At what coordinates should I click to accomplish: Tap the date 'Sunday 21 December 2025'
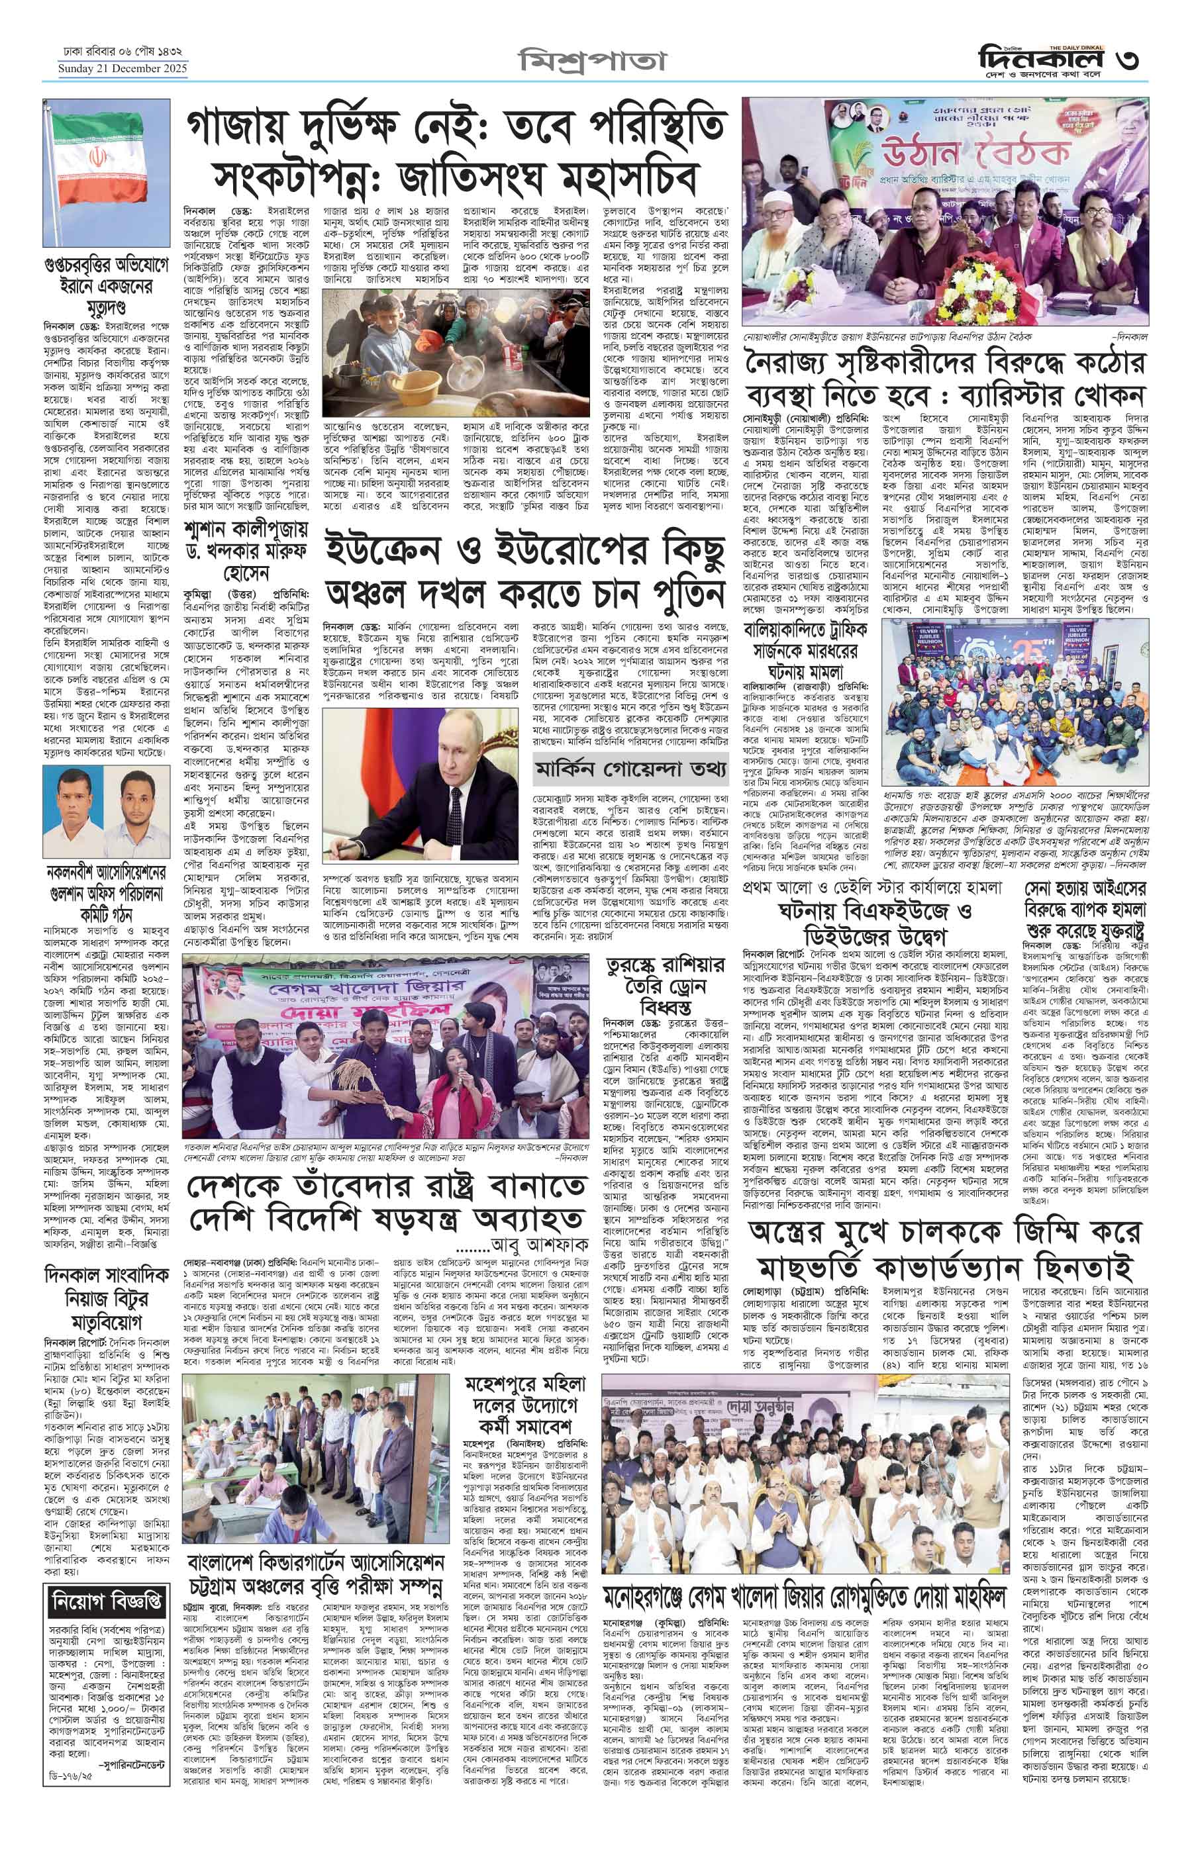[123, 70]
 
